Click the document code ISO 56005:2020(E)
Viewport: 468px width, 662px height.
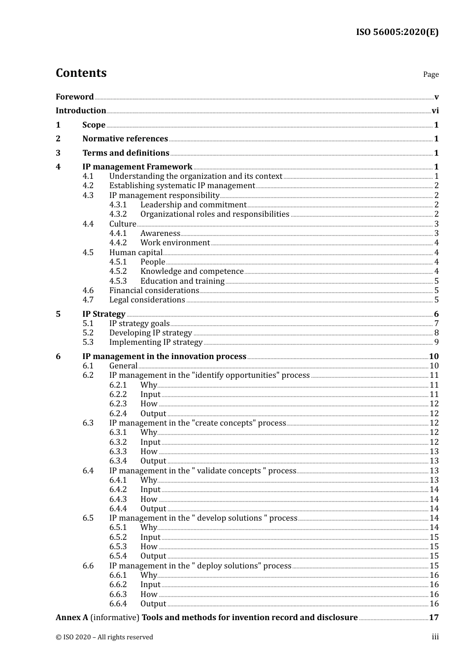(x=397, y=32)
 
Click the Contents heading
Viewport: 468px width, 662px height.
(x=81, y=73)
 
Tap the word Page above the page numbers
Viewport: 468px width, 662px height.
(x=431, y=74)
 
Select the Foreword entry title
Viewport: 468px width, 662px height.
(x=74, y=97)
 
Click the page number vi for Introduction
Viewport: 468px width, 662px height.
(x=435, y=111)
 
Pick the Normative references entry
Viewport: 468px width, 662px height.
(x=125, y=139)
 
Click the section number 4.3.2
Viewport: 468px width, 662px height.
(x=118, y=214)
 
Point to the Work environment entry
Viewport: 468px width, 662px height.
(x=175, y=243)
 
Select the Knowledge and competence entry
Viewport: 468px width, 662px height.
(x=192, y=271)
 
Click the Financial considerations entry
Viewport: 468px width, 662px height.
(x=154, y=291)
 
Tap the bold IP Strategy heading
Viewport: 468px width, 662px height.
(x=104, y=314)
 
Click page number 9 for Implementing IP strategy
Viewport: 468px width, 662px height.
(x=436, y=342)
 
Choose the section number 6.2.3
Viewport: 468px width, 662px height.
(x=118, y=404)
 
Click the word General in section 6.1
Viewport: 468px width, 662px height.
(x=123, y=366)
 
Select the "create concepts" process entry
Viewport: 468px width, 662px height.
(x=198, y=423)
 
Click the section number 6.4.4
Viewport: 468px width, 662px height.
(x=118, y=509)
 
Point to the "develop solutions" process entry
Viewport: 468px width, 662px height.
(x=203, y=518)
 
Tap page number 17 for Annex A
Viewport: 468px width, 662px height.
(x=434, y=618)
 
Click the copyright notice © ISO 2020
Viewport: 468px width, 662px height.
(x=104, y=637)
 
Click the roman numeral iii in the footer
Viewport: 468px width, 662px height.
(x=435, y=637)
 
